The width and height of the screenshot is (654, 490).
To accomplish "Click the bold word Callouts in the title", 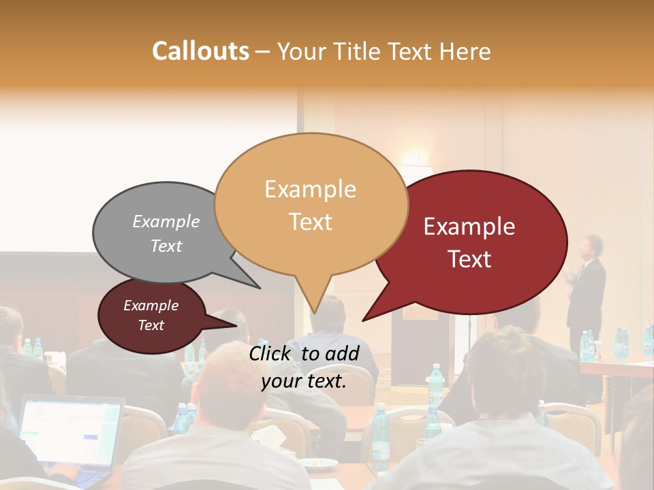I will tap(200, 51).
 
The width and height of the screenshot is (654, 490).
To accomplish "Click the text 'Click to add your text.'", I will tap(304, 367).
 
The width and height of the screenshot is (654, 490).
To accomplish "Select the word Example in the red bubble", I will tap(469, 227).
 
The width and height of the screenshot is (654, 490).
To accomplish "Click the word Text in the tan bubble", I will tap(311, 222).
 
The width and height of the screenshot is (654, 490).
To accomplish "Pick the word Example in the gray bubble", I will tap(166, 221).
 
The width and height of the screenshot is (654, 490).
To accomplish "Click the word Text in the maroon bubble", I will tap(151, 325).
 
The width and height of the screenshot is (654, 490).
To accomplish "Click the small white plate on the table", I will tap(319, 463).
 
